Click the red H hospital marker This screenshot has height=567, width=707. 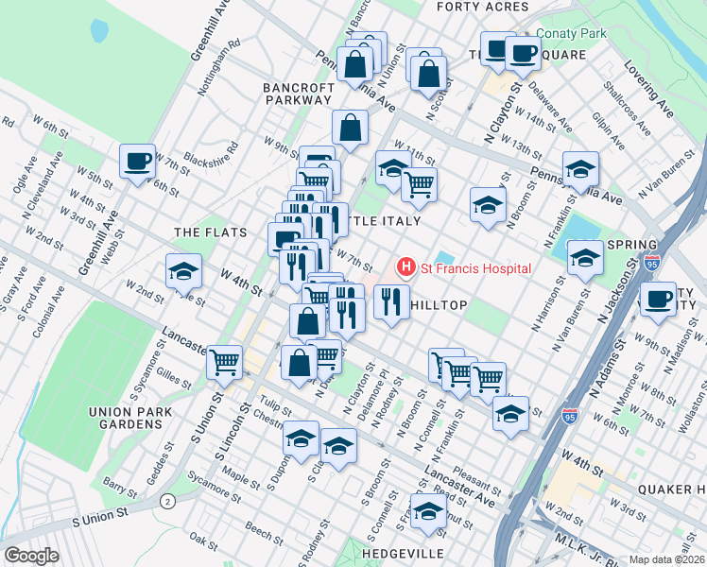tap(406, 268)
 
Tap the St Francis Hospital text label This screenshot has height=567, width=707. tap(475, 268)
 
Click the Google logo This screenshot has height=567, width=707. tap(31, 556)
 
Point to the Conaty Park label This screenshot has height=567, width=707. tap(571, 33)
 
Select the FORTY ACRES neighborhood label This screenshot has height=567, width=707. tap(483, 7)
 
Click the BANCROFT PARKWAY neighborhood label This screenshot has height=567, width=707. tap(298, 93)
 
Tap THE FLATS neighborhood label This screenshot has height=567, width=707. tap(210, 232)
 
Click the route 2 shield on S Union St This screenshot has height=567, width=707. tap(167, 499)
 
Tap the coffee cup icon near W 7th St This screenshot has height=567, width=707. tap(137, 160)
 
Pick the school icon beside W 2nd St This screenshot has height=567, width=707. tap(183, 271)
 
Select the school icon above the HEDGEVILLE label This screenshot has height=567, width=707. tap(428, 510)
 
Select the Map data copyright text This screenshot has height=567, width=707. tap(666, 558)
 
